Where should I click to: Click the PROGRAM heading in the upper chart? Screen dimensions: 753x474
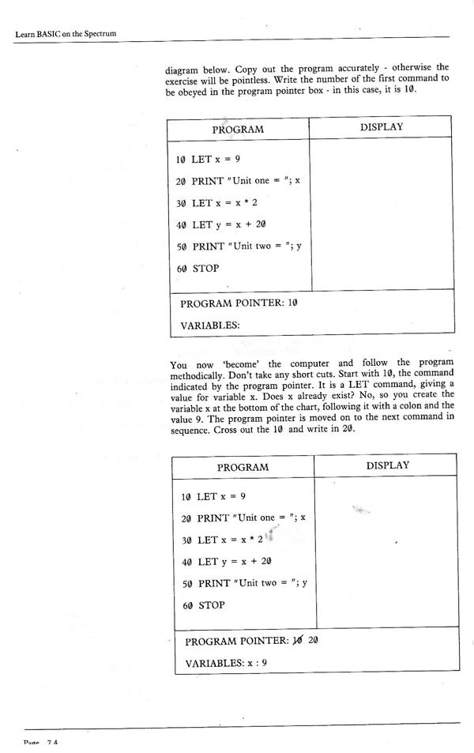(x=237, y=129)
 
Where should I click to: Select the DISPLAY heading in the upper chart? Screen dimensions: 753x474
(x=382, y=126)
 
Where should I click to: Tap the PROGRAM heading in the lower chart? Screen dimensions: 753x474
(x=243, y=467)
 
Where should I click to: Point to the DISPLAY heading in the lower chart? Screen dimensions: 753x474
(x=387, y=465)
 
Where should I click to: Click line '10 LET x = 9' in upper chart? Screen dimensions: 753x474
(x=208, y=159)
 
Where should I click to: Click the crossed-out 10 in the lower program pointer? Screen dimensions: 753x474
(x=297, y=640)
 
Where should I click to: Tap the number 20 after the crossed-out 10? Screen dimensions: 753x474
(x=313, y=640)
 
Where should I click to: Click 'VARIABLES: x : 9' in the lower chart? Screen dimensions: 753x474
(x=226, y=662)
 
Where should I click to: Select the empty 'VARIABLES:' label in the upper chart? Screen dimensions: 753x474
(x=209, y=324)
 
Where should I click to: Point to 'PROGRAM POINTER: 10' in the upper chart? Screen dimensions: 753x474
(x=238, y=303)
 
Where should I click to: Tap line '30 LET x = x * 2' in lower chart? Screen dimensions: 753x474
(x=223, y=540)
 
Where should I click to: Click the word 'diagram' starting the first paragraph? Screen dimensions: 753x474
(x=183, y=68)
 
